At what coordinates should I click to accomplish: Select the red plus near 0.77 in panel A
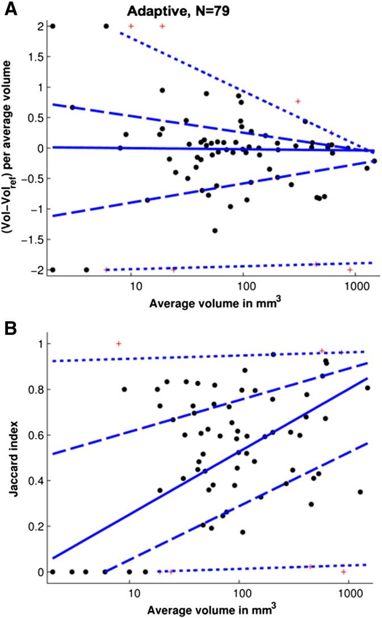297,101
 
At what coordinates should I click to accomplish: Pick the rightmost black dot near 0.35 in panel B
360,491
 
